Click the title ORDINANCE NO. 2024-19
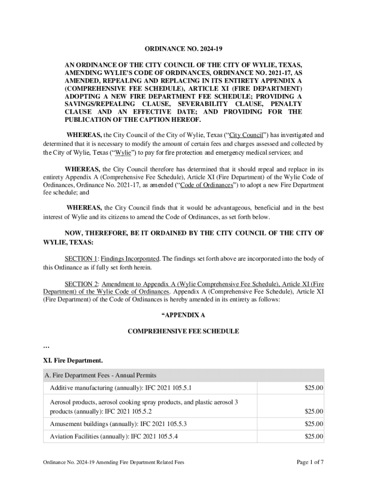183,49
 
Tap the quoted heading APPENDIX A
183,315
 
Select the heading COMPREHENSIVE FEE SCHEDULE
183,331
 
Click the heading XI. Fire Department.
72,360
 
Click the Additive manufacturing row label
121,387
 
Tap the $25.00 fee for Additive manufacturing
314,387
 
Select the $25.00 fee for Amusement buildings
314,424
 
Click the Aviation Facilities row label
114,436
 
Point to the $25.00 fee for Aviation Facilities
314,436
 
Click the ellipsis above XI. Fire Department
46,346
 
